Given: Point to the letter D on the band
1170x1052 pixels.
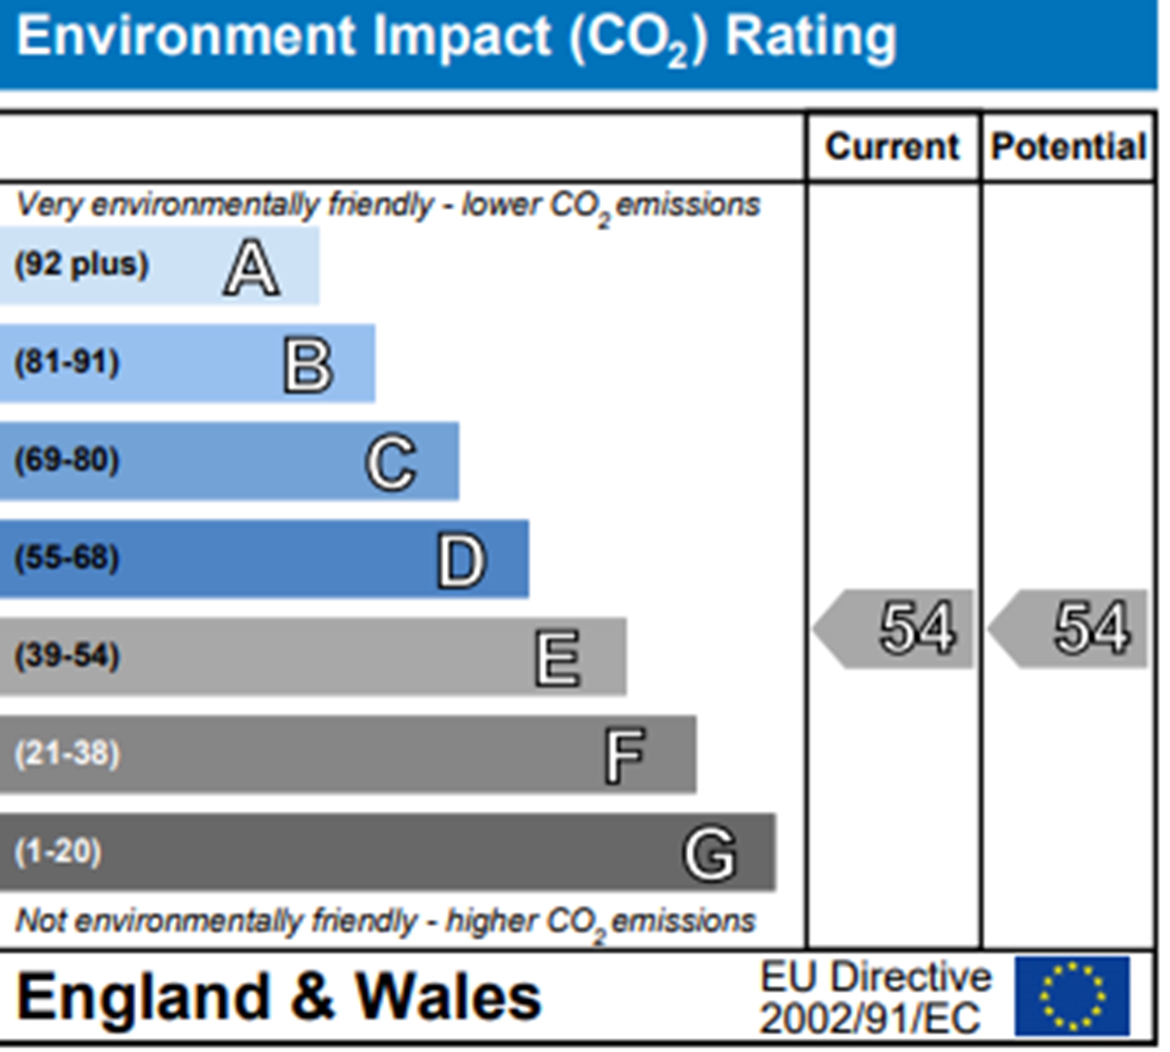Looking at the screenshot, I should point(461,561).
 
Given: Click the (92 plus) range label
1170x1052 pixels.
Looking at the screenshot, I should point(81,265).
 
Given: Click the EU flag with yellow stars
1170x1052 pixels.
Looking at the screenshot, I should point(1072,997).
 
